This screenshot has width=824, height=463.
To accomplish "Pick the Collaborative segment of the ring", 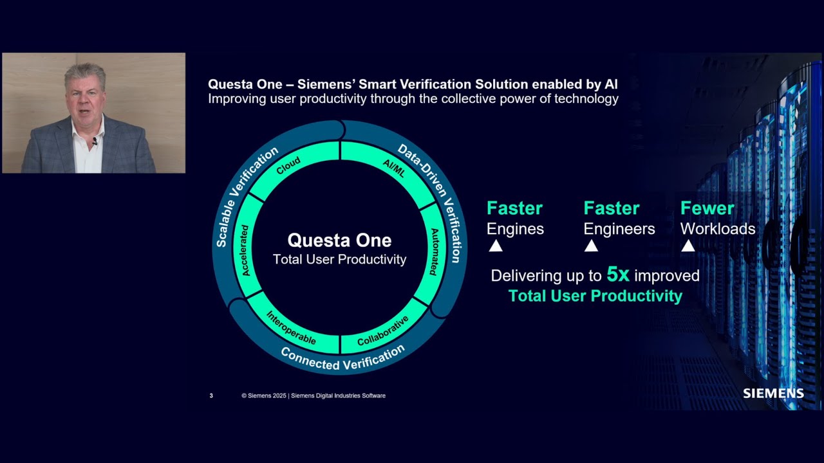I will coord(382,331).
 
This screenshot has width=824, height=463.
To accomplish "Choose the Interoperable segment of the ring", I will coord(292,328).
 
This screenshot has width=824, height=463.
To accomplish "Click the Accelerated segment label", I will coord(245,250).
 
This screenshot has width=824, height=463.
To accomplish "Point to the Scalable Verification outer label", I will coord(246,197).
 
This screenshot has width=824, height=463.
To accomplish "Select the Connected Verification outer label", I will coord(342,358).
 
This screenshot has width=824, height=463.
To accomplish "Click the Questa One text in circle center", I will coord(339,241).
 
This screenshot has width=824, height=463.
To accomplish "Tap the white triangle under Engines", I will coord(495,246).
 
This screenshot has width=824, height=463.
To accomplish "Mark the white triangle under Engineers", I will coord(591,246).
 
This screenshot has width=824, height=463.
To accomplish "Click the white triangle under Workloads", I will coord(688,246).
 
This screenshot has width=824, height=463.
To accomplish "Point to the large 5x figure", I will coord(618,275).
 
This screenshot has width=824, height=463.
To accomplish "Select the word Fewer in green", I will coord(707,208).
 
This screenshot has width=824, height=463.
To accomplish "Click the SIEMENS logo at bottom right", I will coord(773,393).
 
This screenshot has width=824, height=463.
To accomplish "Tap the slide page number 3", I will coord(211,395).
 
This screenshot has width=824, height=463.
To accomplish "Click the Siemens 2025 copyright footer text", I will coord(314,395).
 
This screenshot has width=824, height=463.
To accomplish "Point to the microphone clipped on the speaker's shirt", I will coord(95,141).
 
